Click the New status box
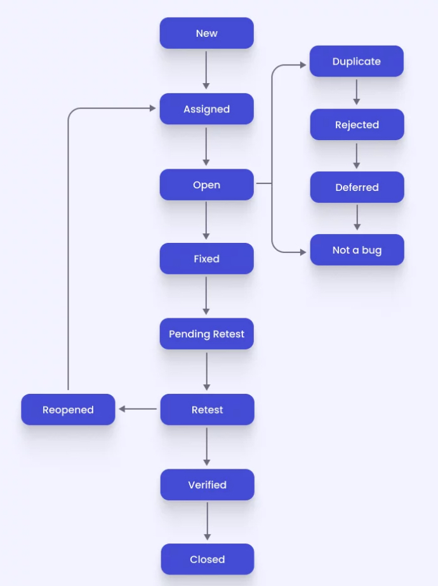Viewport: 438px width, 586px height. coord(206,33)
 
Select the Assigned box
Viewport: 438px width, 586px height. coord(206,109)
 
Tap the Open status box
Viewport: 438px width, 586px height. coord(206,185)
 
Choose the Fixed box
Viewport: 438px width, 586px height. coord(206,259)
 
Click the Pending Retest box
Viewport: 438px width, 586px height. coord(206,334)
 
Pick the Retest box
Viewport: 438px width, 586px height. coord(207,410)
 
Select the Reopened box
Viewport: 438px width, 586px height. coord(68,410)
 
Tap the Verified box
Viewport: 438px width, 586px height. coord(207,485)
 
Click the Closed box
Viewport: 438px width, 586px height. coord(207,559)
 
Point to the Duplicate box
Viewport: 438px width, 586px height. coord(356,62)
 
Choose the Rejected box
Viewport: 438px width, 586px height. coord(357,125)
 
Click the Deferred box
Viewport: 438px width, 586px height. coord(357,187)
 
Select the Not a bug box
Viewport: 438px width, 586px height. coord(357,250)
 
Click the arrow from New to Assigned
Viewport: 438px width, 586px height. coord(206,70)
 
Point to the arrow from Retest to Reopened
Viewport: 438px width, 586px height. coord(138,409)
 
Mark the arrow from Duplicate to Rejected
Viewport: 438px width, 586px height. coord(356,92)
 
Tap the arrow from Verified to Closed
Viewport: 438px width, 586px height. coord(207,521)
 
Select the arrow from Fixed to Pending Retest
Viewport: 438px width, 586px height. coord(206,296)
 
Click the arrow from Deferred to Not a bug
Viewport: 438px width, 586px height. coord(357,217)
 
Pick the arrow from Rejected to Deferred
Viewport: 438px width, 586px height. coord(357,155)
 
